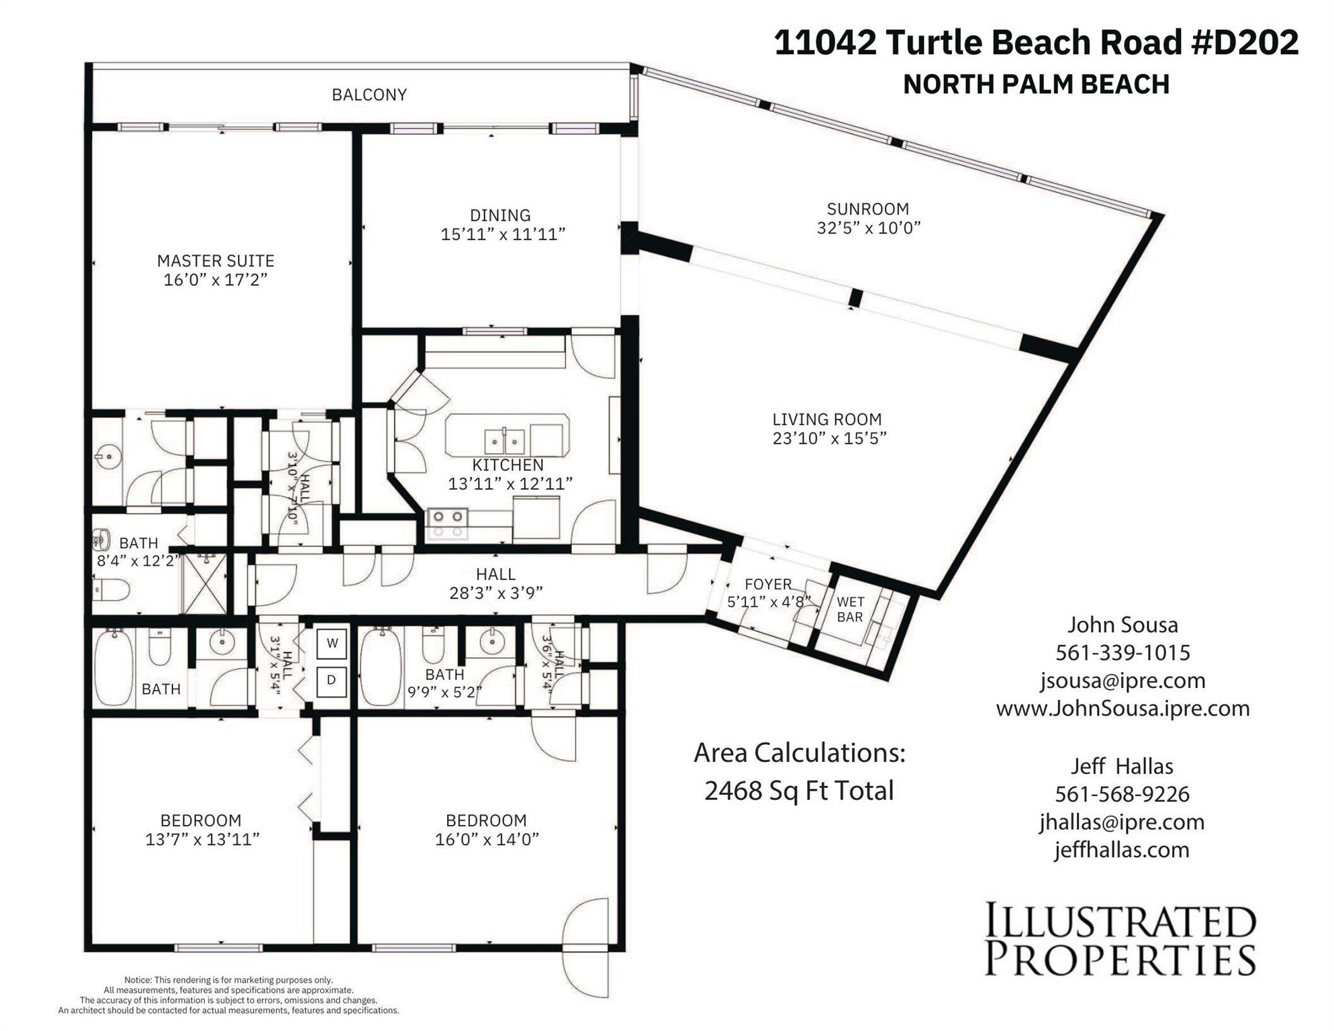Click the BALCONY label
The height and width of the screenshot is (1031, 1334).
pos(369,95)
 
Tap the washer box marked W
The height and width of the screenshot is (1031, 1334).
pos(332,643)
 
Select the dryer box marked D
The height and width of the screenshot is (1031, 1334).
pos(332,681)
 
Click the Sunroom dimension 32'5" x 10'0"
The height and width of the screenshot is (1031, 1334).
pos(868,228)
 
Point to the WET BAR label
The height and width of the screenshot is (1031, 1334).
pos(850,609)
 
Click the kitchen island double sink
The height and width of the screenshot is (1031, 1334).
pos(504,442)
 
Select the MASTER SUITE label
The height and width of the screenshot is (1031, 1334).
pos(216,260)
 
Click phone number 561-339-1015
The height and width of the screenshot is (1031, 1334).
pos(1123,652)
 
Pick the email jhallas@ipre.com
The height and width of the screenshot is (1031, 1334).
pos(1122,822)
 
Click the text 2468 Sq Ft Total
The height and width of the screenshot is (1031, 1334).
pos(799,791)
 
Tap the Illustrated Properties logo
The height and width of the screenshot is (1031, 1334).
pos(1120,940)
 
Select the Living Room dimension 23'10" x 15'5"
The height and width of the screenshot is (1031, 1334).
pos(829,438)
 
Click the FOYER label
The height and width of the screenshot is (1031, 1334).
pos(767,584)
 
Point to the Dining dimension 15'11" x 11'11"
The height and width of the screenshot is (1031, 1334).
pos(503,234)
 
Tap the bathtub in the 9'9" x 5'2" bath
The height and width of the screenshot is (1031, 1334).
pos(381,666)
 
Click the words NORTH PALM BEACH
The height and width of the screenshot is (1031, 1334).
pos(1036,85)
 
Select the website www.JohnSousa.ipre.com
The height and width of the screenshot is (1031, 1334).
pos(1123,708)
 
